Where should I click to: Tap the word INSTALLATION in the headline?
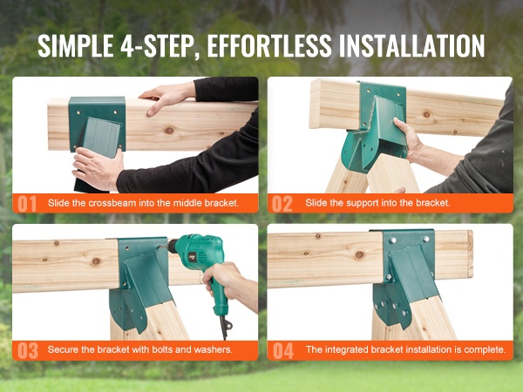(411, 45)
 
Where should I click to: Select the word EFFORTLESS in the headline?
(269, 45)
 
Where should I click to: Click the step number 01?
(27, 204)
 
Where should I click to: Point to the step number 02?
(282, 204)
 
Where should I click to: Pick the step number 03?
(28, 351)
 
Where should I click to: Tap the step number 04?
(283, 351)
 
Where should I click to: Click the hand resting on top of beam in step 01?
(166, 97)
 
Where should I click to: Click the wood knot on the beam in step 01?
(169, 130)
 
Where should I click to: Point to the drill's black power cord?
(225, 327)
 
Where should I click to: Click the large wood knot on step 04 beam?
(359, 254)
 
